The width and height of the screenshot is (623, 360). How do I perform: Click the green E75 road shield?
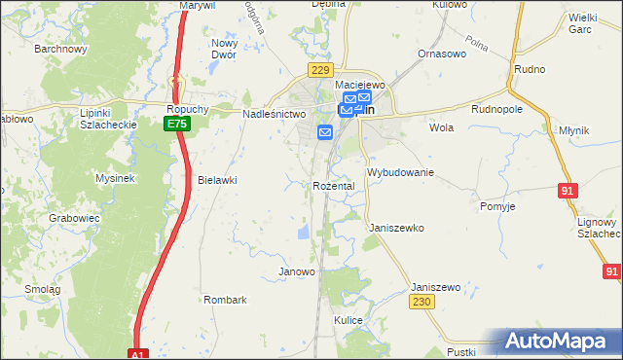pos(176,125)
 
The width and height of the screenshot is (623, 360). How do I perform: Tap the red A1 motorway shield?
pos(138,355)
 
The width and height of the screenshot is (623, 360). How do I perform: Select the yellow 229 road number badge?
pos(320,70)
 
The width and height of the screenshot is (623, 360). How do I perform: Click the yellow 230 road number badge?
pos(421,303)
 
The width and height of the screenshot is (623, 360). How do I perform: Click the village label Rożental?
pos(333,185)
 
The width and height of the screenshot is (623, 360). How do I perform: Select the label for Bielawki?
pos(217,181)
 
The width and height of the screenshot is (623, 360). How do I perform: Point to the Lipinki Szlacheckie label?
pos(106,119)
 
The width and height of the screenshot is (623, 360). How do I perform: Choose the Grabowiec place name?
pos(75,219)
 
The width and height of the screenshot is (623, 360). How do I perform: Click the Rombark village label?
pos(225,300)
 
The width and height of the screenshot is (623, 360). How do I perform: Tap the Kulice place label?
pos(348,320)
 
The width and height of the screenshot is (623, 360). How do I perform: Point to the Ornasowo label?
pos(437,54)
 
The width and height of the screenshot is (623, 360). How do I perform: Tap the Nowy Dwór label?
pos(225,50)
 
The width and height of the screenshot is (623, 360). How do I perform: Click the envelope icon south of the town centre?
pos(325,132)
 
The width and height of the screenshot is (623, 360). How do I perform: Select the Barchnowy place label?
pos(60,48)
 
